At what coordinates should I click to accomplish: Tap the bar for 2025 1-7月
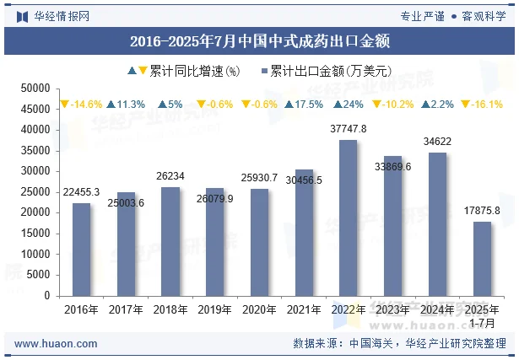click(x=482, y=259)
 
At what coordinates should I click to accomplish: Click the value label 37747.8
click(x=348, y=129)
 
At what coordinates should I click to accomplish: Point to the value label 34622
click(x=437, y=142)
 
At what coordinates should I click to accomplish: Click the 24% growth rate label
click(x=349, y=105)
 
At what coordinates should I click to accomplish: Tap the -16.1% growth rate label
click(x=482, y=105)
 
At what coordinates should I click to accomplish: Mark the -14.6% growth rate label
click(x=81, y=105)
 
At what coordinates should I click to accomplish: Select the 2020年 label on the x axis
click(x=259, y=310)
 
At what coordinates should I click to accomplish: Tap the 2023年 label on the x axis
click(x=393, y=310)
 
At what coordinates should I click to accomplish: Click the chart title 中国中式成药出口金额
click(x=259, y=40)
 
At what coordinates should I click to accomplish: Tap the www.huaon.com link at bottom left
click(x=57, y=344)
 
